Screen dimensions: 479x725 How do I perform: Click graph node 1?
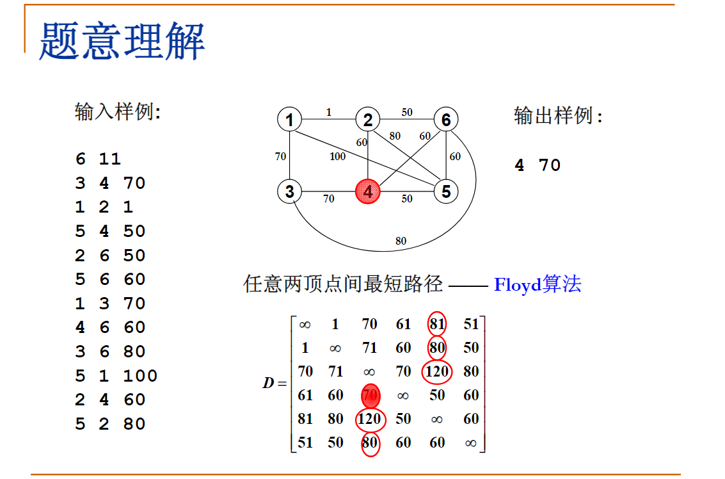point(290,120)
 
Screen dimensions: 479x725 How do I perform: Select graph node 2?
point(367,120)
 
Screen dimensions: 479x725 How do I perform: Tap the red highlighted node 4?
point(367,191)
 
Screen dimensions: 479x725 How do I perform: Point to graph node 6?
point(446,120)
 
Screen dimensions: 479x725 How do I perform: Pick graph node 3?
point(290,191)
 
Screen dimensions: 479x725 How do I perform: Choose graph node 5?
point(446,191)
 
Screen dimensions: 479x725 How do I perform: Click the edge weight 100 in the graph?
point(337,156)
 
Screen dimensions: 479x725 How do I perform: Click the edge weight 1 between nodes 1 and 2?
point(329,113)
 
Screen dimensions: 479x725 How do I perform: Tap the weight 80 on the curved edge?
point(401,241)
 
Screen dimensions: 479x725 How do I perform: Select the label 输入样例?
point(118,112)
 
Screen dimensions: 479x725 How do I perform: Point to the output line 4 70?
point(538,165)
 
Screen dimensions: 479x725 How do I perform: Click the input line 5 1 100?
point(116,375)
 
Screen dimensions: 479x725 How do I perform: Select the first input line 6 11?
point(98,159)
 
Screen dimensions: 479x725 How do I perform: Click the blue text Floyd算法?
point(538,284)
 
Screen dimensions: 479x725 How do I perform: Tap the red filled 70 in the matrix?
point(370,395)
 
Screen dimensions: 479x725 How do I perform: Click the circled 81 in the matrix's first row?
point(437,324)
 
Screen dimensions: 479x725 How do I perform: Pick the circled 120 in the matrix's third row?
point(437,371)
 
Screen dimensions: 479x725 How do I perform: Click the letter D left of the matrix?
point(268,384)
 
